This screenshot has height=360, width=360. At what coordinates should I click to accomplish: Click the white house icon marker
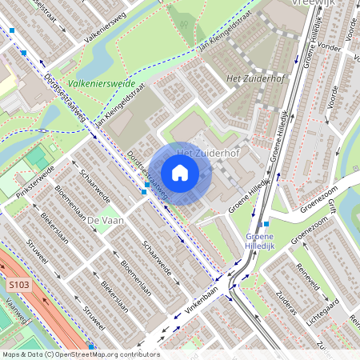tap(180, 173)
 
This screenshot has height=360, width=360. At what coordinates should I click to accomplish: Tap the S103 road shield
tap(20, 284)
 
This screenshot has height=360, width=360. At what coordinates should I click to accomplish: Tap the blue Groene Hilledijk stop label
tap(260, 242)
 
